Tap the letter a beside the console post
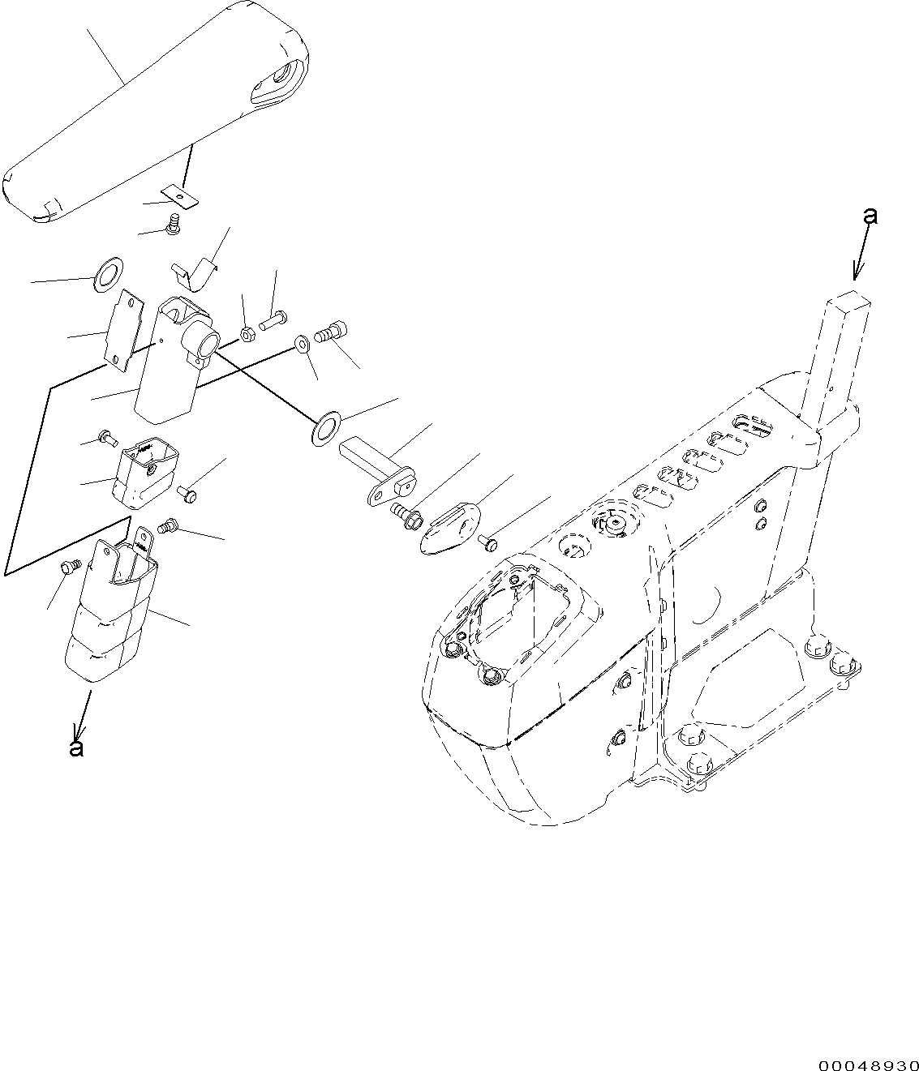click(870, 216)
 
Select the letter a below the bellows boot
click(76, 748)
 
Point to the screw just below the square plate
click(173, 229)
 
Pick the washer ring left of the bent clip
click(108, 275)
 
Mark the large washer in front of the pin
click(326, 426)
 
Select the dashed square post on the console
click(840, 349)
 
